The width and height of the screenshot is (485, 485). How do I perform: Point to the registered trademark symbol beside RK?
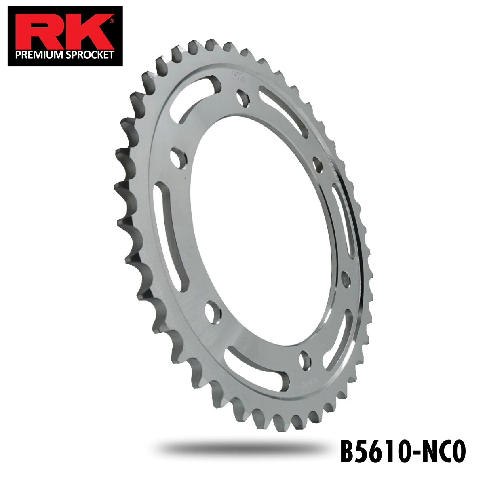112,19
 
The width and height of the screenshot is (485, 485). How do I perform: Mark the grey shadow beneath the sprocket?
242,447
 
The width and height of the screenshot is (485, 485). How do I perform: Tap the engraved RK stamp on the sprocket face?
235,76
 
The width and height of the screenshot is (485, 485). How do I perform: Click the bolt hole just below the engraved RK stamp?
243,98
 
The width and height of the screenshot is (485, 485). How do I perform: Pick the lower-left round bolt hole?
212,311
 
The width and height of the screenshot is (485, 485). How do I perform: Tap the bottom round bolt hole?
305,359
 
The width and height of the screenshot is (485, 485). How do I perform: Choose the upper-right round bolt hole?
318,165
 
